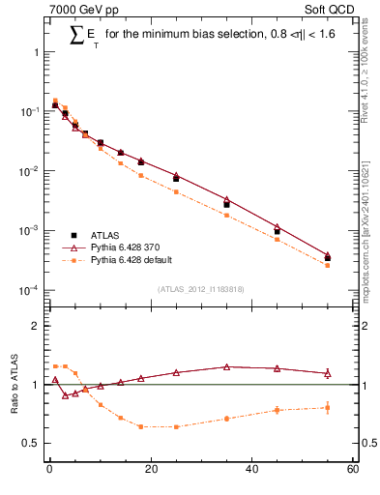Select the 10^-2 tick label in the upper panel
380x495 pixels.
[29, 171]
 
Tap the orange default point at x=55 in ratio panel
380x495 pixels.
[328, 407]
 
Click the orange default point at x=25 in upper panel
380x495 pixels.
[176, 191]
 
